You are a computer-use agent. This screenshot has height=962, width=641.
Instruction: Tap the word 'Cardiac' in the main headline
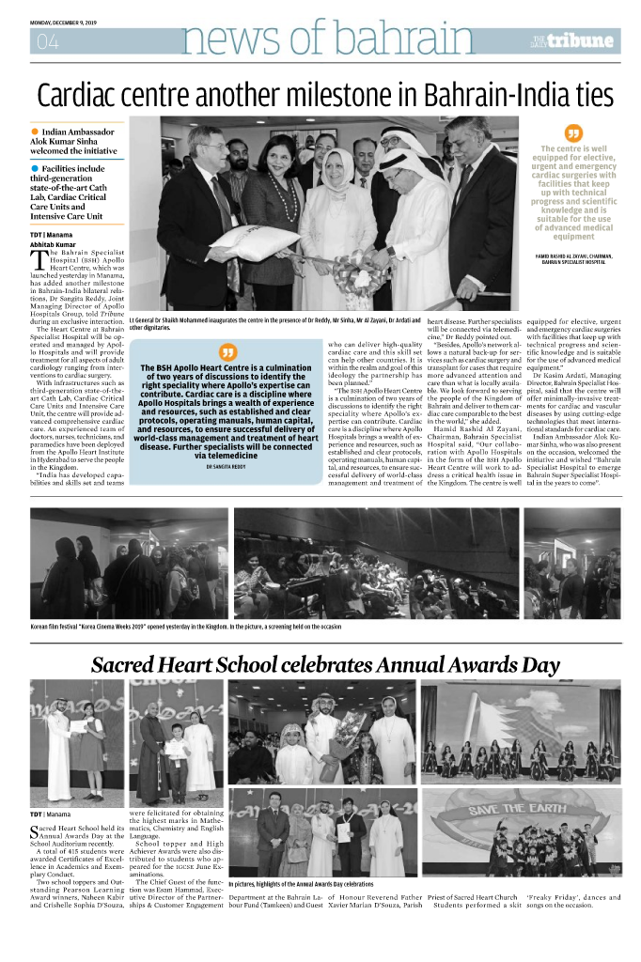86,95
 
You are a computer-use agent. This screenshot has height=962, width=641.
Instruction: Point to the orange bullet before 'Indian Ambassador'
35,132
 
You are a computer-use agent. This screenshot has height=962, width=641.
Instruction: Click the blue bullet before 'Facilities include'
35,168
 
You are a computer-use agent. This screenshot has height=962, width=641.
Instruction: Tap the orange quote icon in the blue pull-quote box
223,352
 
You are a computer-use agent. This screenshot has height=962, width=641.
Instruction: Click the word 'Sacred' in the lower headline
134,665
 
